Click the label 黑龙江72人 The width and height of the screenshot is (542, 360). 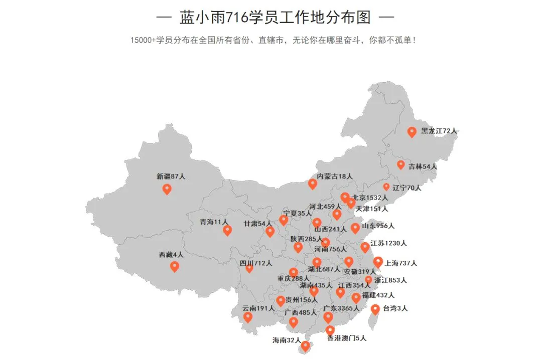(x=439, y=131)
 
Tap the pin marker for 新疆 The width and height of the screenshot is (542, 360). (x=167, y=189)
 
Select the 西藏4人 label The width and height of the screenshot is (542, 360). (x=171, y=255)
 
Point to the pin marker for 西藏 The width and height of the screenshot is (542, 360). (x=175, y=266)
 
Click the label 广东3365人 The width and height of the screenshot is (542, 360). (x=341, y=308)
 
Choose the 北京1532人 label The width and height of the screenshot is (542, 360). (x=370, y=198)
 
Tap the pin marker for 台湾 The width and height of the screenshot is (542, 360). (x=375, y=309)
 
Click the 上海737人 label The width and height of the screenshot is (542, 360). (x=401, y=263)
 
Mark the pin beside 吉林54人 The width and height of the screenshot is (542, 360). (x=400, y=164)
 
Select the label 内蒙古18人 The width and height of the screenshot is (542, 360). (x=335, y=176)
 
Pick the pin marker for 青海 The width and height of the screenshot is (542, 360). (x=227, y=230)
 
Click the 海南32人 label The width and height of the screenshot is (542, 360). (x=286, y=340)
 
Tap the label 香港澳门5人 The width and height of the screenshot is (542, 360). (x=347, y=338)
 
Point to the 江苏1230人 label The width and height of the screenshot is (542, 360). (x=388, y=243)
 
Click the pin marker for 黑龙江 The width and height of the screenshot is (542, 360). (x=412, y=132)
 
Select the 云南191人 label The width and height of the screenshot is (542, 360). (x=258, y=308)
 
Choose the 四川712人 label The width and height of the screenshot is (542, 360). (x=255, y=263)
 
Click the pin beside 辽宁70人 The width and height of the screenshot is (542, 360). (x=386, y=187)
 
